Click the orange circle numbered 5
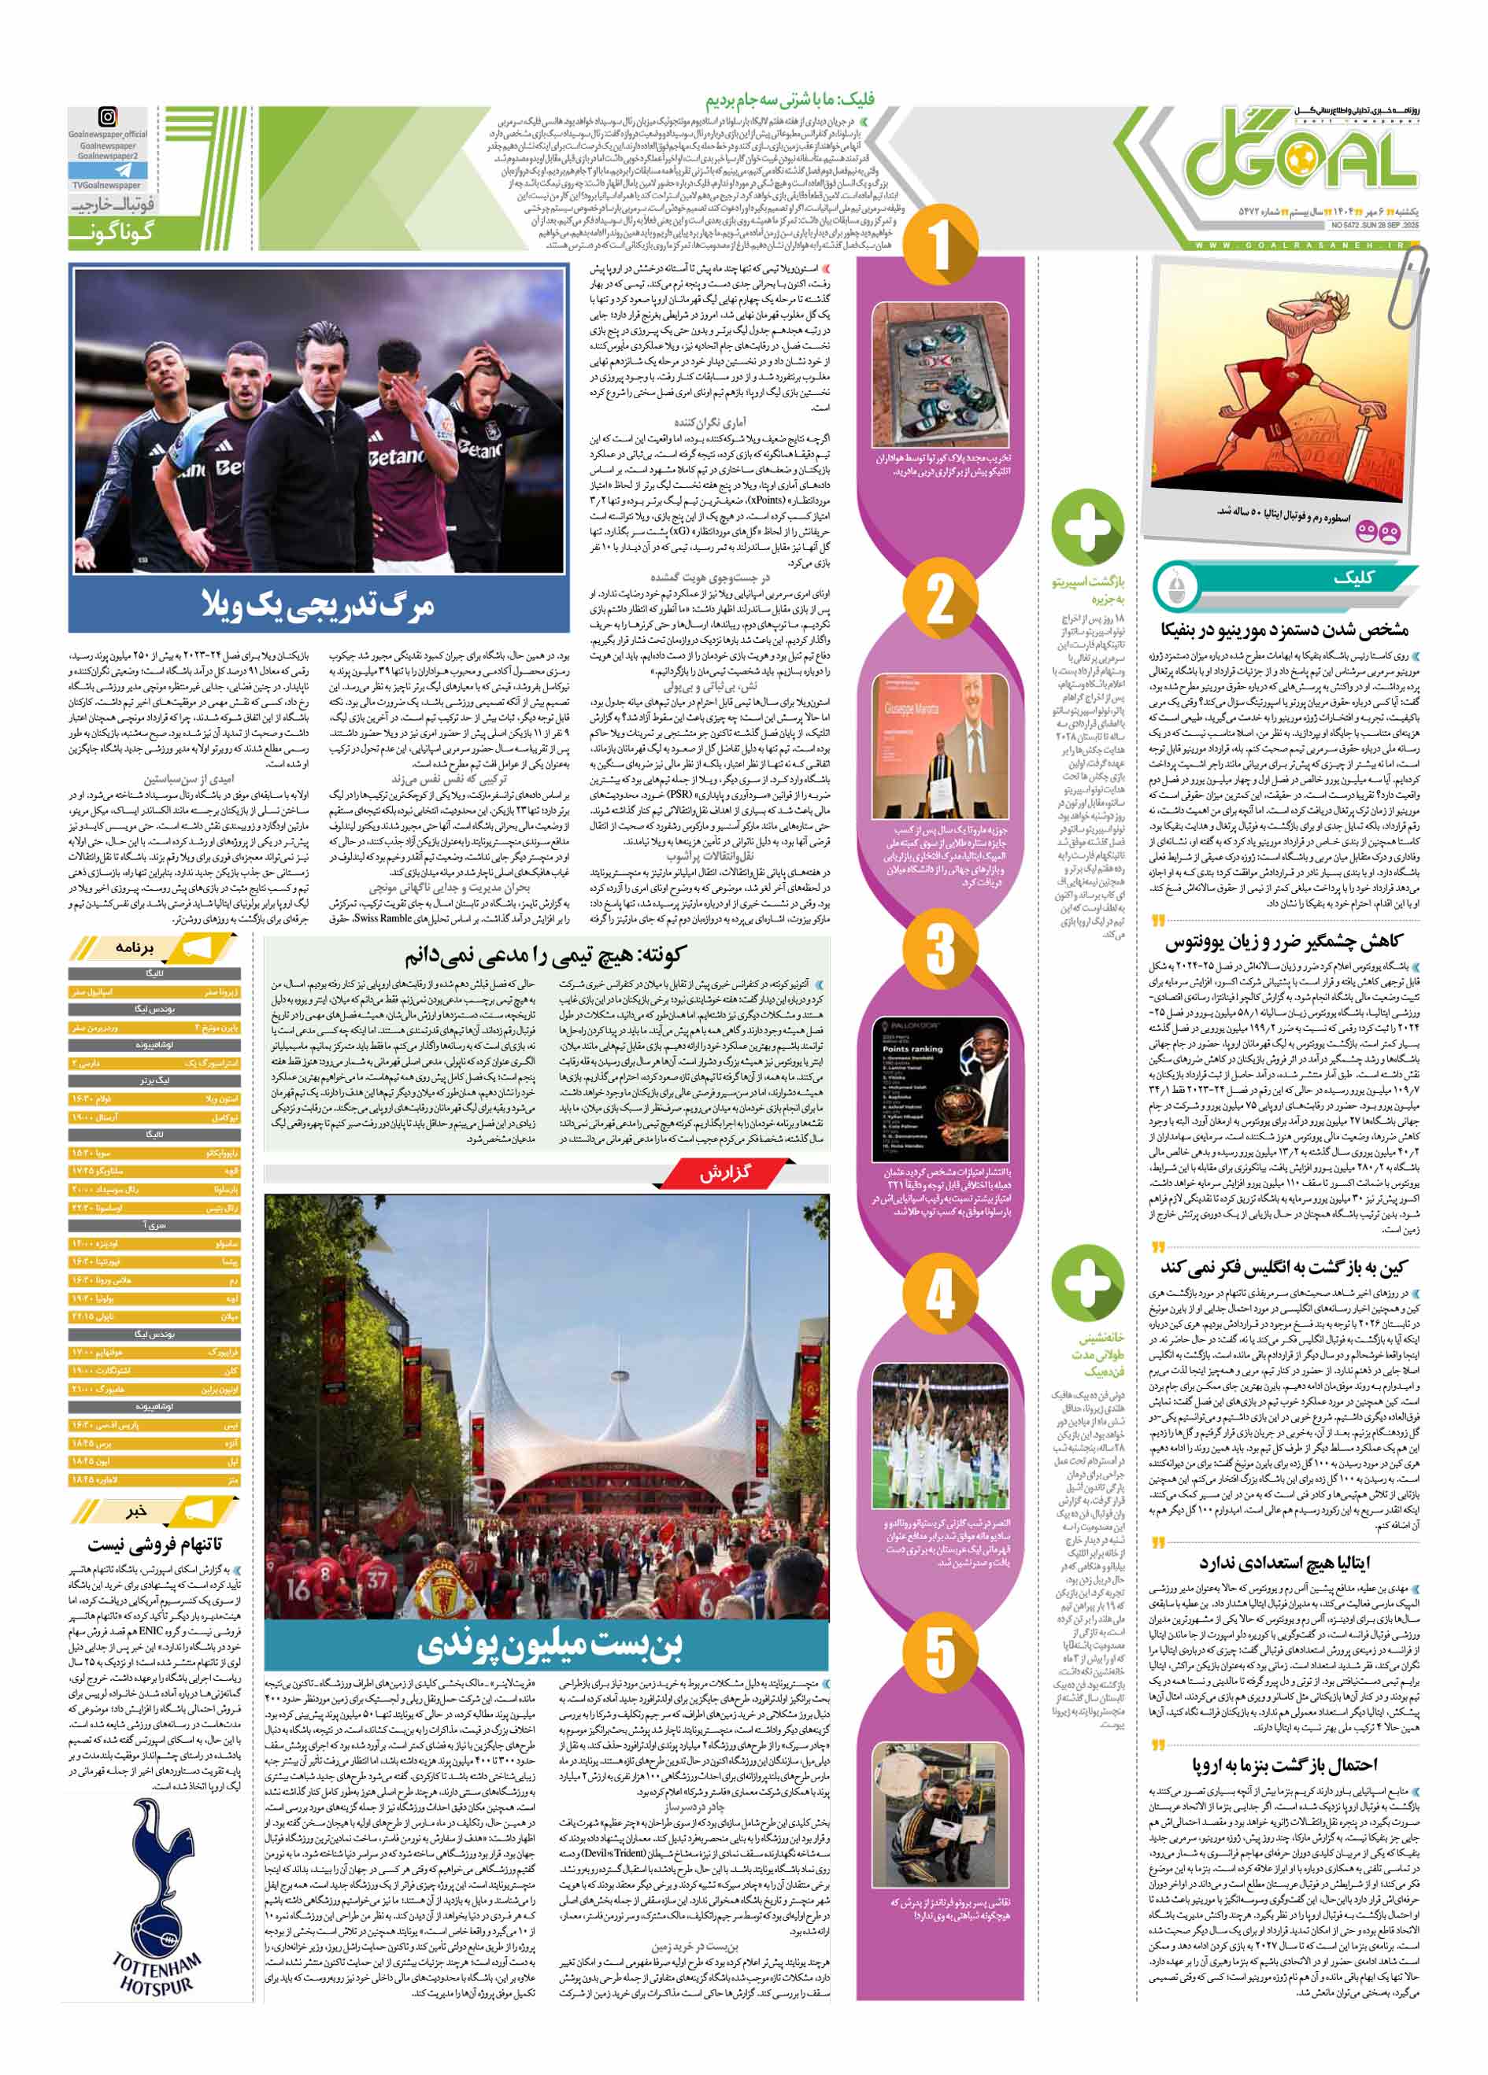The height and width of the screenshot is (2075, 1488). tap(940, 1652)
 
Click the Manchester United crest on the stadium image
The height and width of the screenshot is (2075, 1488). tap(446, 1592)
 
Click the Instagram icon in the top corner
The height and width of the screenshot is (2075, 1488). tap(108, 118)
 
